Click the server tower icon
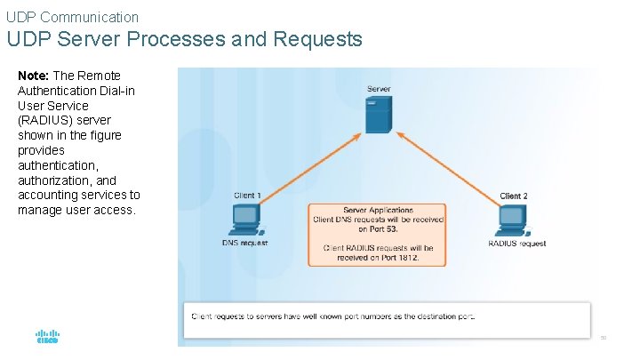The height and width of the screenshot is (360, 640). (x=379, y=114)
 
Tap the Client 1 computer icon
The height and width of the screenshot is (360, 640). (x=244, y=219)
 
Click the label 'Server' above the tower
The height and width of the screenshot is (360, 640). (x=379, y=89)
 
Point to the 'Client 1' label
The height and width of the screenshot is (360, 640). (x=247, y=196)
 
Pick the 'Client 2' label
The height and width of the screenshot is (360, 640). (x=514, y=196)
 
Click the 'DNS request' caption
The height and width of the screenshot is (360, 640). (x=244, y=243)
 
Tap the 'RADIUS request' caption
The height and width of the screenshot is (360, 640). (x=517, y=243)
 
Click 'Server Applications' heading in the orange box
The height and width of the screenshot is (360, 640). (x=378, y=211)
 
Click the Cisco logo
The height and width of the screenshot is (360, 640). (x=47, y=338)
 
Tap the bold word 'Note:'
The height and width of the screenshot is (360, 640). (x=34, y=76)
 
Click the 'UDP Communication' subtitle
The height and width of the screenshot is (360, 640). (x=72, y=16)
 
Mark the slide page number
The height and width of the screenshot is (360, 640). (x=603, y=338)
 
